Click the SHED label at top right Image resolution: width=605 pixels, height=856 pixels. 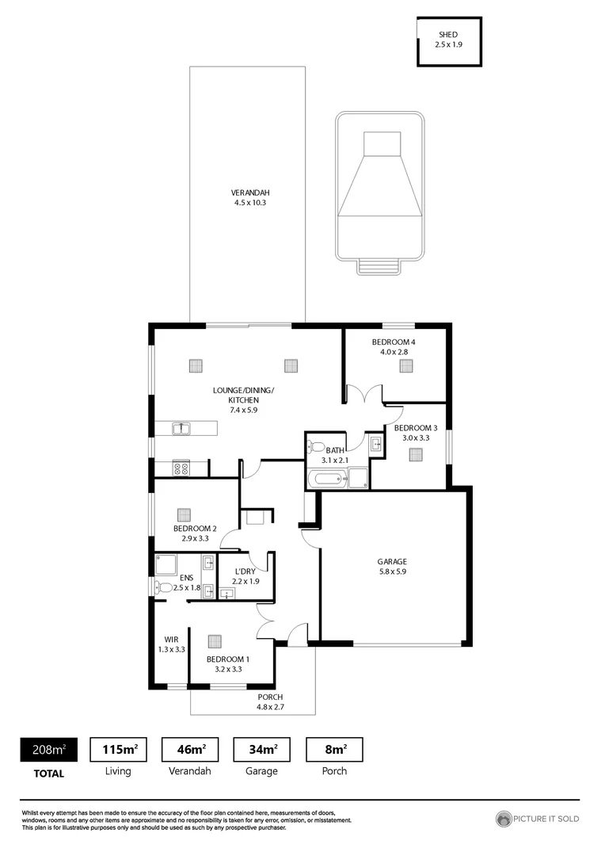pos(448,40)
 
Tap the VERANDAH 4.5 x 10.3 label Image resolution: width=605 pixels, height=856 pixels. pos(245,197)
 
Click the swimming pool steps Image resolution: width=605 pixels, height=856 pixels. pos(376,266)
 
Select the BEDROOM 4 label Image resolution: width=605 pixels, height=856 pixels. pos(394,346)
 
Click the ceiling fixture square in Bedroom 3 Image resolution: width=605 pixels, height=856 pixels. pos(416,455)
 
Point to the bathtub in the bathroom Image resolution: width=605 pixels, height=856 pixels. pos(327,478)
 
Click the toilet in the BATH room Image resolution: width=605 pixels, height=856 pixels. pos(316,446)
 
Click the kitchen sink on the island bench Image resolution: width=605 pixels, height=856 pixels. pos(181,428)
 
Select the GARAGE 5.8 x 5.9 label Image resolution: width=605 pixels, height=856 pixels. pos(392,566)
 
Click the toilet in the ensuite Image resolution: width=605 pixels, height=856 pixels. pos(164,587)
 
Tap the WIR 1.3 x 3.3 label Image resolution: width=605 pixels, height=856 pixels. pos(173,644)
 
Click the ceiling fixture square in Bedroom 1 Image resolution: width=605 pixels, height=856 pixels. pos(215,641)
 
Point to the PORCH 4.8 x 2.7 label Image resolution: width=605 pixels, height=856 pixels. pos(270,701)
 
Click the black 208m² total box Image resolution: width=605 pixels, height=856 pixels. pos(48,749)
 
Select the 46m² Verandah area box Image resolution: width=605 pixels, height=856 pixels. pos(190,749)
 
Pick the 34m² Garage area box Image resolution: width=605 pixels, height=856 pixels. pos(261,749)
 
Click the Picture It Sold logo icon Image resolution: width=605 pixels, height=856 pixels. pos(504,819)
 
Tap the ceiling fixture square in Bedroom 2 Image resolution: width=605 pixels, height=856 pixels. pos(184,514)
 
